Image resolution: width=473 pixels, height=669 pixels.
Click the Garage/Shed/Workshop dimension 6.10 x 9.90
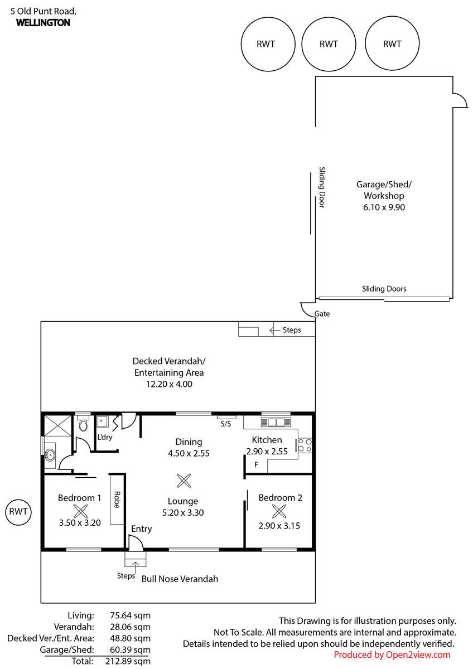click(x=384, y=207)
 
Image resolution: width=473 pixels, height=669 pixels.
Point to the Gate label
click(x=322, y=313)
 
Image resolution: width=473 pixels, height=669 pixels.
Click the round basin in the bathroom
click(x=50, y=455)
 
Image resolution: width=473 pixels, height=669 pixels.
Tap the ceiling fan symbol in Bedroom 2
click(x=279, y=511)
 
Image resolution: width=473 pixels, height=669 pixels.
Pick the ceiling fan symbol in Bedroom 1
click(x=81, y=511)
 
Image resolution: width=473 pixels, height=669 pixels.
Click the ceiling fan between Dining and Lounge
click(x=184, y=481)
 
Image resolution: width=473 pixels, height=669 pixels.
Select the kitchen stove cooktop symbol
click(x=305, y=445)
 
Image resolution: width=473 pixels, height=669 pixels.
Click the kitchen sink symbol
click(x=276, y=423)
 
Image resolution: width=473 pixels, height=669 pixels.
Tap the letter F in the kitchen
click(x=256, y=464)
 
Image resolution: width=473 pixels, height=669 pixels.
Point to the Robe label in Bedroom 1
click(x=117, y=500)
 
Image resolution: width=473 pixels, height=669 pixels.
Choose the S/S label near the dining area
click(x=226, y=424)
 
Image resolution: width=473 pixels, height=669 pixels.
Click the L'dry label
click(x=104, y=437)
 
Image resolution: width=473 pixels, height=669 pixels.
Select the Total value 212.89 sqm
click(x=128, y=661)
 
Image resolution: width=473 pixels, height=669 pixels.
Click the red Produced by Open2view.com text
click(x=392, y=655)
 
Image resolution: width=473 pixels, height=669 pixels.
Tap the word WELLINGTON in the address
click(x=43, y=23)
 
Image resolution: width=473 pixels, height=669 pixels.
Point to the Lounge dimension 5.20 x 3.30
click(x=183, y=512)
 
